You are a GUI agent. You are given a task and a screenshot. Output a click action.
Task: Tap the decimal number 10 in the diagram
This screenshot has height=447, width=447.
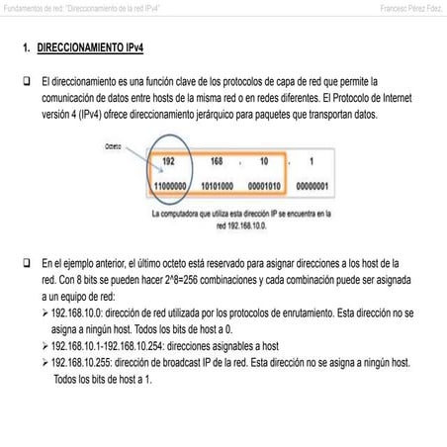263,161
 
